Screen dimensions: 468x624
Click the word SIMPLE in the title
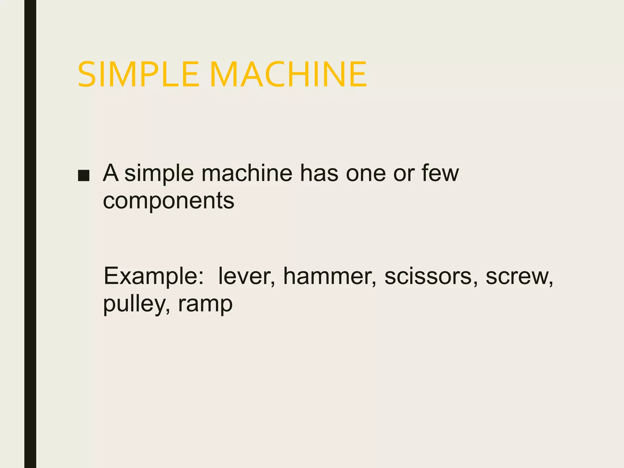pyautogui.click(x=138, y=75)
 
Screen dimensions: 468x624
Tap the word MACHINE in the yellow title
pyautogui.click(x=288, y=75)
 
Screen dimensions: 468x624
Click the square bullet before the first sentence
pyautogui.click(x=83, y=176)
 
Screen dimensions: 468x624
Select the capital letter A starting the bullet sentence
pyautogui.click(x=111, y=173)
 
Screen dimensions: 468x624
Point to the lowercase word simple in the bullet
pyautogui.click(x=159, y=174)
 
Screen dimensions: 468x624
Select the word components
pyautogui.click(x=168, y=201)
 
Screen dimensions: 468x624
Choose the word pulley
pyautogui.click(x=134, y=304)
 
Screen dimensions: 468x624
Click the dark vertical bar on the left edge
pyautogui.click(x=30, y=234)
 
